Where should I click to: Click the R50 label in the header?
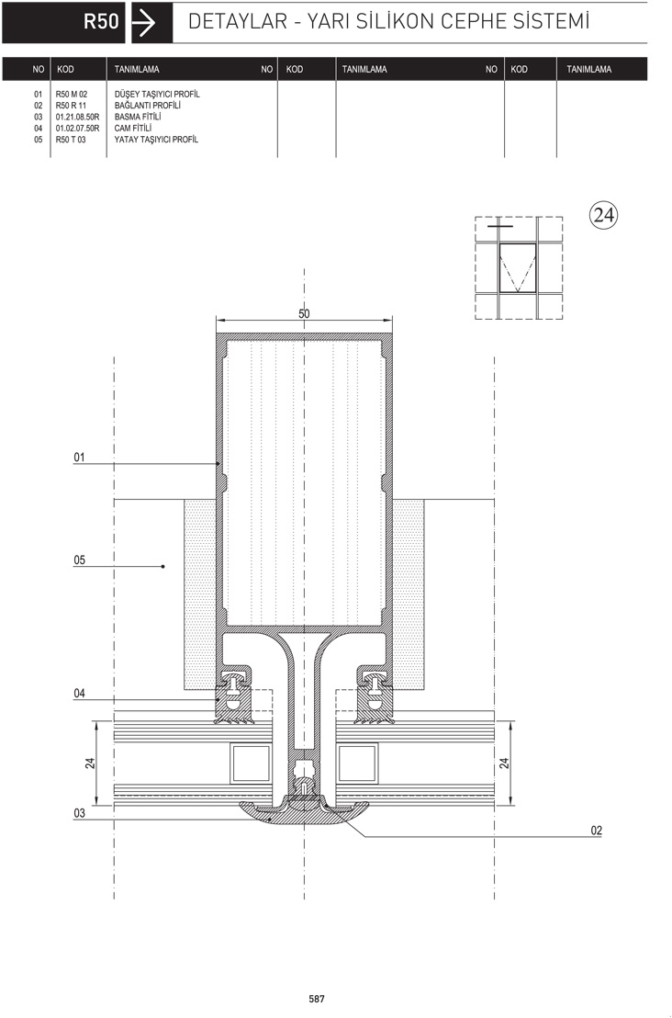tap(101, 22)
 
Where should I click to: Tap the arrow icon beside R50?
tap(144, 23)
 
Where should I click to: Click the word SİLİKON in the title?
tap(395, 21)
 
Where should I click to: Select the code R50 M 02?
tap(72, 94)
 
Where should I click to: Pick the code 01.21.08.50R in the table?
tap(77, 117)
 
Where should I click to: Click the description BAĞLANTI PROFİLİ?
tap(147, 105)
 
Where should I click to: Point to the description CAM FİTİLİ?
tap(133, 128)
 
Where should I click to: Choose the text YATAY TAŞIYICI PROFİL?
tap(156, 140)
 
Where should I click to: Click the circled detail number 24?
tap(603, 215)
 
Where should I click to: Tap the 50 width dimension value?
tap(304, 313)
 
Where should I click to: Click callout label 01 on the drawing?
tap(79, 457)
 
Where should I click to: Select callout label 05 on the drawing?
tap(79, 560)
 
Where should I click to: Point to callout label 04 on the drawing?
tap(79, 694)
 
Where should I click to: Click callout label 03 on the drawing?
tap(79, 813)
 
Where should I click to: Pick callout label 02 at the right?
tap(596, 831)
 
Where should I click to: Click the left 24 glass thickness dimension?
tap(90, 763)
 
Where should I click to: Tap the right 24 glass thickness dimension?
tap(504, 763)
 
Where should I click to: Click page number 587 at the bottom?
tap(317, 999)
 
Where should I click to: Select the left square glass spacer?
tap(251, 763)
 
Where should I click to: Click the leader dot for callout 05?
tap(162, 567)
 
